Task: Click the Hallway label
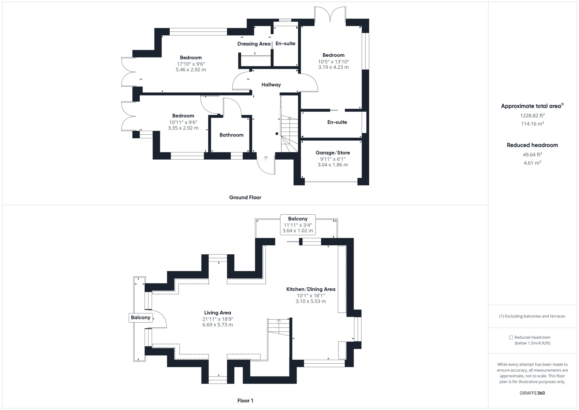coord(271,85)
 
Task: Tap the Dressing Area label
coord(254,44)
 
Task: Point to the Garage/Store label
coord(333,153)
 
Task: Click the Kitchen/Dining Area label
coord(311,289)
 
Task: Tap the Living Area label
coord(218,313)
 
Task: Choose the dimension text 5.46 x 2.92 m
coord(191,70)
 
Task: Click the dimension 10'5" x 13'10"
coord(333,62)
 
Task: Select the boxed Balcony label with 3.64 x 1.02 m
coord(298,224)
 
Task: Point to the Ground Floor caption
coord(245,197)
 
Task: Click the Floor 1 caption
coord(245,401)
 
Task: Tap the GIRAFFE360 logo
coord(532,393)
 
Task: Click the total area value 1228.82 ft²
coord(532,115)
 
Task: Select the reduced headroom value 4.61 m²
coord(532,163)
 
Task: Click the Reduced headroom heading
coord(532,145)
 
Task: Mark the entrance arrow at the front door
coord(266,158)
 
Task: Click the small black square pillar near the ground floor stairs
coord(277,134)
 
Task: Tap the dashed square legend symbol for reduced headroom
coord(511,337)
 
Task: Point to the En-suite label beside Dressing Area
coord(285,43)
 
